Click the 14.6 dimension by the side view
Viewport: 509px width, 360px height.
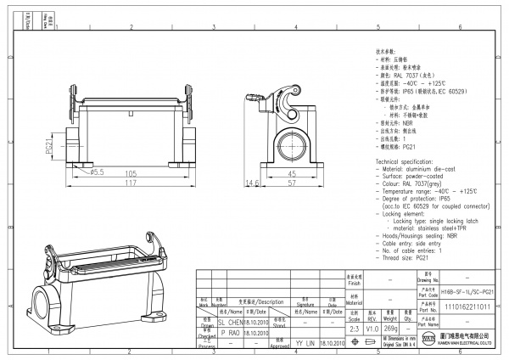click(x=251, y=183)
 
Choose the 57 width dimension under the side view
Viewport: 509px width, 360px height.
click(x=291, y=183)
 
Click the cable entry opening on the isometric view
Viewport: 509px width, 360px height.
click(x=39, y=301)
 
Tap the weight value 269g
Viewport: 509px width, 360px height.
click(x=391, y=327)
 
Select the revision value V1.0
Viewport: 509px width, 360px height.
click(x=372, y=327)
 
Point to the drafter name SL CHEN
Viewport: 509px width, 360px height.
click(x=231, y=323)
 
